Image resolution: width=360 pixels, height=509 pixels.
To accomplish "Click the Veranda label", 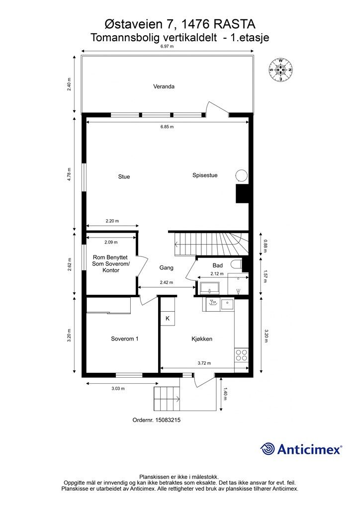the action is (164, 86).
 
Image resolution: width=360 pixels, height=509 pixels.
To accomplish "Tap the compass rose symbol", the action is (280, 70).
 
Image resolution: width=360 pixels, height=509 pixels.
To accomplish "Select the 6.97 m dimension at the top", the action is (167, 46).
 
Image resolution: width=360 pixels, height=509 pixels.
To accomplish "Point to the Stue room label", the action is (124, 176).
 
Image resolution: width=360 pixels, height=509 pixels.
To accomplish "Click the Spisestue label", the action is (205, 175).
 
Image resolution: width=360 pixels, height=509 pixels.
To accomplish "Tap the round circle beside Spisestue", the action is (241, 175).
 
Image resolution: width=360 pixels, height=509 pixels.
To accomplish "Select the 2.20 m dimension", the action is (112, 221).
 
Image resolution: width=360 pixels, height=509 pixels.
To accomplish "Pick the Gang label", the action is (166, 268).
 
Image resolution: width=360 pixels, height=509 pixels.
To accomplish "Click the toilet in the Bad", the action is (237, 264).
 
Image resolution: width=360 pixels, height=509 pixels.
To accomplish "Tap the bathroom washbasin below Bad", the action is (210, 288).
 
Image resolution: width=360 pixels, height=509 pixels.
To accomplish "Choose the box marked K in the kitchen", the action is (168, 319).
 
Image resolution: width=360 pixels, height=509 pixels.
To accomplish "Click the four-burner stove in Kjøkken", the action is (241, 355).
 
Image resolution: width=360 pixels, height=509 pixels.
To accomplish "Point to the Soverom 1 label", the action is (125, 339).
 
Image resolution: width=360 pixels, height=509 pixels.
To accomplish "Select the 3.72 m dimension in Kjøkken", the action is (204, 363).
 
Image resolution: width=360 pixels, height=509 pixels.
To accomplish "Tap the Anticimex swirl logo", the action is (267, 449).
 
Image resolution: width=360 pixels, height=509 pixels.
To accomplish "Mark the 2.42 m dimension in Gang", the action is (167, 282).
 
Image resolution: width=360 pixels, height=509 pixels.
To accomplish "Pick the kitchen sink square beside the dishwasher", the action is (227, 305).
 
